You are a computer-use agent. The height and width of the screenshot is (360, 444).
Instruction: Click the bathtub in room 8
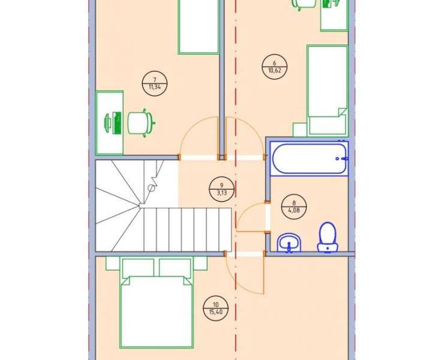point(309,158)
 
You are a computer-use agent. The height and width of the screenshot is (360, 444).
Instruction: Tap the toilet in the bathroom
point(328,237)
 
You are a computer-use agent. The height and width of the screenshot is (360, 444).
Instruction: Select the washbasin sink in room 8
point(289,243)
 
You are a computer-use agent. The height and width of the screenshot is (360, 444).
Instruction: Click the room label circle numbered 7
point(155,83)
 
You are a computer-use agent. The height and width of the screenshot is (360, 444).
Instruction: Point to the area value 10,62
point(275,71)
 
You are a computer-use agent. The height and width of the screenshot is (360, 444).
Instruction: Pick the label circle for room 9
point(221,189)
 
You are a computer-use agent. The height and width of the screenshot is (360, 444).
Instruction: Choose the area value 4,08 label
point(294,211)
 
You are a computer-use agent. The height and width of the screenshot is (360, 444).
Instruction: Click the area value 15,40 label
point(216,312)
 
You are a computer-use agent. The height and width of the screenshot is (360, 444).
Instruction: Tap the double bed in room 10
point(157,303)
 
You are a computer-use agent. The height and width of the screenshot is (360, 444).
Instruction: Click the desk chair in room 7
point(141,123)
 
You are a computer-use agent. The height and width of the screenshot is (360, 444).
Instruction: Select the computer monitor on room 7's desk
point(116,123)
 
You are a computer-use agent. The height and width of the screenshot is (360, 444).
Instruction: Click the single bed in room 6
point(328,90)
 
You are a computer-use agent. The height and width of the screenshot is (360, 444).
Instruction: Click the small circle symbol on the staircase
point(151,188)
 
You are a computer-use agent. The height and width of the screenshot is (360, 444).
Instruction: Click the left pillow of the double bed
point(138,267)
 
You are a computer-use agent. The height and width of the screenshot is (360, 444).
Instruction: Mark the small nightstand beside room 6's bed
point(300,130)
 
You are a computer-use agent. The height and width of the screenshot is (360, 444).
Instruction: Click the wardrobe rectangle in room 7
point(199,27)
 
